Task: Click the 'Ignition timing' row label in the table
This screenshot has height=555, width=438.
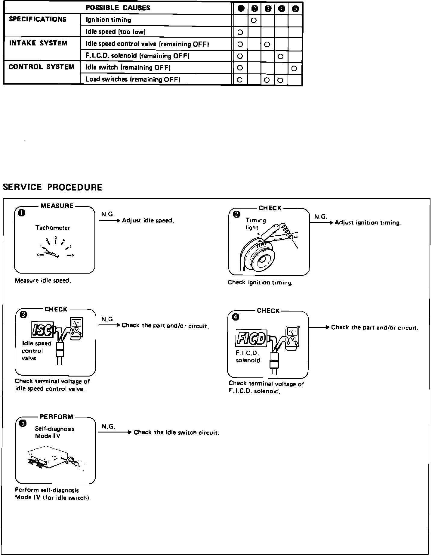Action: (108, 20)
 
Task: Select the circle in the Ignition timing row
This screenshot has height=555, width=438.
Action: (254, 20)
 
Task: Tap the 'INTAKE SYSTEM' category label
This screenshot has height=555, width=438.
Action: (38, 43)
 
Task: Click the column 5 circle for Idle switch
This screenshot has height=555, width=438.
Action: (294, 68)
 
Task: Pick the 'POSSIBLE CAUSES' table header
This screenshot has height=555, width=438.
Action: (118, 8)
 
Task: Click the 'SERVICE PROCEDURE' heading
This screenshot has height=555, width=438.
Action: (53, 187)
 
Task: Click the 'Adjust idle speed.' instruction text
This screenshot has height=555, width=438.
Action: (148, 221)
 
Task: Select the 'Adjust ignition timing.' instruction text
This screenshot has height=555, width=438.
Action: (367, 223)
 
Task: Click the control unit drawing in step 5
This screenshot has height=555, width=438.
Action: (54, 460)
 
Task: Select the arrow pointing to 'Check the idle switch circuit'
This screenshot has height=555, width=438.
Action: (115, 433)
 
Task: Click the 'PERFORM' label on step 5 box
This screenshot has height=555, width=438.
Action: (57, 417)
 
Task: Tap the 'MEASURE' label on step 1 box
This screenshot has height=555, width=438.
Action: (57, 206)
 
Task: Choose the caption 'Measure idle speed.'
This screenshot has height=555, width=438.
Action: (43, 281)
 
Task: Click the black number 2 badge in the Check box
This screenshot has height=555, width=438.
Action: (237, 214)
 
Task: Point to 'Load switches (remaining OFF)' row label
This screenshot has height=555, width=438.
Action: (133, 79)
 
